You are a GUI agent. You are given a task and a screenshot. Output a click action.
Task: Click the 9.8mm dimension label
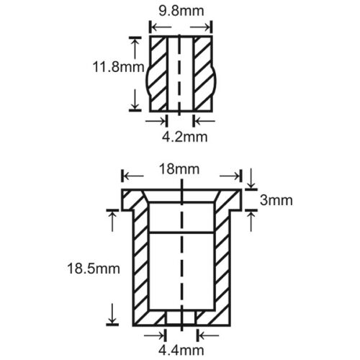(181, 12)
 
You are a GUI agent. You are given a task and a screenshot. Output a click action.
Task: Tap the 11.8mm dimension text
(118, 67)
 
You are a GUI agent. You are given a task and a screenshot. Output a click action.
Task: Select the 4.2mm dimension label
(185, 137)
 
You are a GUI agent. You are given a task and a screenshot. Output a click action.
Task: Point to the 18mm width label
(179, 169)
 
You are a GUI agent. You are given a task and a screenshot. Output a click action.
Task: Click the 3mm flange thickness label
(276, 200)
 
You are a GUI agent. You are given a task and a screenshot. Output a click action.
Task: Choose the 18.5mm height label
(94, 269)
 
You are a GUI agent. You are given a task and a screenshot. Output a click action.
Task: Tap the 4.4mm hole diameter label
(181, 351)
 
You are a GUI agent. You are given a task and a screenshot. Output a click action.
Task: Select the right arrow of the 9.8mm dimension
(200, 27)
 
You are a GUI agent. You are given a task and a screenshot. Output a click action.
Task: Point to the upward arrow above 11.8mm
(135, 49)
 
